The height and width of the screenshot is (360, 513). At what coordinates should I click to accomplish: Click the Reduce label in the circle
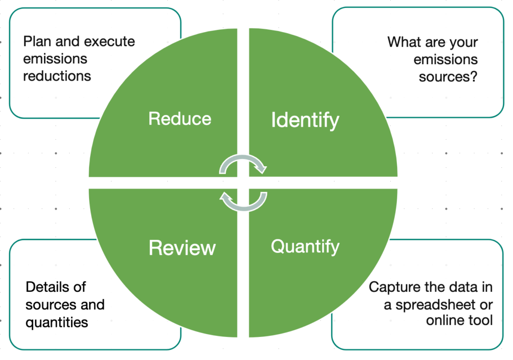(x=180, y=119)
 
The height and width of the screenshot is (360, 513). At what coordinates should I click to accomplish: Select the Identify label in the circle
(x=305, y=120)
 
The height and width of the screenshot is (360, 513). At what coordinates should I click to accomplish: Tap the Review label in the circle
(x=182, y=248)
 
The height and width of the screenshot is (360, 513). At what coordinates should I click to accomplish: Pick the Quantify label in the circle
(x=305, y=246)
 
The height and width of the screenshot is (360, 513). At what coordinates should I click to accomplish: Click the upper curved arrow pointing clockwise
(x=244, y=164)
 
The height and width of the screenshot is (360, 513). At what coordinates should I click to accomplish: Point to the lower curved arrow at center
(x=243, y=200)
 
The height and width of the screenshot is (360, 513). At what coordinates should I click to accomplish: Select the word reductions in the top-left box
(x=57, y=76)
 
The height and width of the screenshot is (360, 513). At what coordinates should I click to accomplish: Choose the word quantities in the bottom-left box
(x=57, y=322)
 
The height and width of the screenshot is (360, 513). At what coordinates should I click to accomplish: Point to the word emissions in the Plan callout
(x=55, y=59)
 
